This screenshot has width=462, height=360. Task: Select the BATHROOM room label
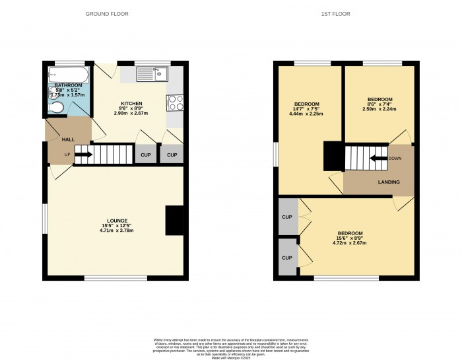pos(68,85)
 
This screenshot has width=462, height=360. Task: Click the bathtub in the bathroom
pos(67,75)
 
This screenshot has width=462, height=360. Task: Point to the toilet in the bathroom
pos(57,108)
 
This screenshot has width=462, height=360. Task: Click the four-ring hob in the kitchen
pos(176,103)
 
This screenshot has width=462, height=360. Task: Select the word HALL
pos(68,140)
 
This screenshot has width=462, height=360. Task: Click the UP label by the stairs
pos(67,156)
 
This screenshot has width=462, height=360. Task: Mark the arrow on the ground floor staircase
pos(83,156)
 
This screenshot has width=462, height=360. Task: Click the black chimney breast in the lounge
pos(174,221)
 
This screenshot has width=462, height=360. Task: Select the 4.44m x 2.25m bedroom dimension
pos(307,114)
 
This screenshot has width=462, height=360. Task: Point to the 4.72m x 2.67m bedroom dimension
pos(350,243)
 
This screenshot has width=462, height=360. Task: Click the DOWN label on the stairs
pos(395,158)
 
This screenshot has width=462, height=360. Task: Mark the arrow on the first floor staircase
pos(379,158)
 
